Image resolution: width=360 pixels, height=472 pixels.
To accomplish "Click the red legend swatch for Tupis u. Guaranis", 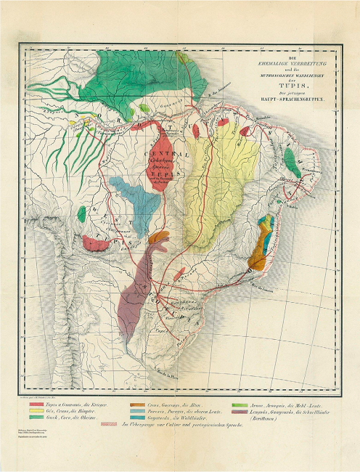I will (36, 404).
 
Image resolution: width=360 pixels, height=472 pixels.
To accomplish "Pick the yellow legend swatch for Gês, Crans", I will (36, 412).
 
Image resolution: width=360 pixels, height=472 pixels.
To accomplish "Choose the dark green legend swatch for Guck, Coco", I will (36, 420).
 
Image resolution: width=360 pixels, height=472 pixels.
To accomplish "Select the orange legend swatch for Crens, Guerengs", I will (137, 404).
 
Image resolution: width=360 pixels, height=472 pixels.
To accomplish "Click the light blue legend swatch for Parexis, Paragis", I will (137, 412).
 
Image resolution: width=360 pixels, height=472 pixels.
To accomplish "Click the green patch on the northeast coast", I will (290, 160).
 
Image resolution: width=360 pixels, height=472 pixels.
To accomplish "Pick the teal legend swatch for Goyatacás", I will (137, 420).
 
